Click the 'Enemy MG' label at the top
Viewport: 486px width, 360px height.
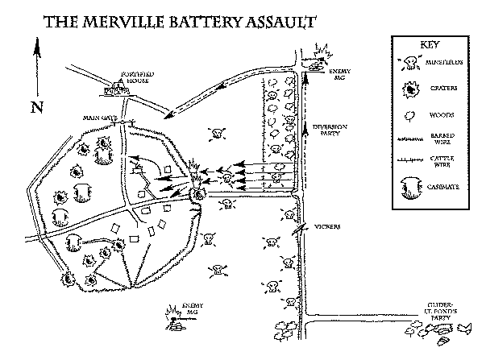click(x=342, y=75)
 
